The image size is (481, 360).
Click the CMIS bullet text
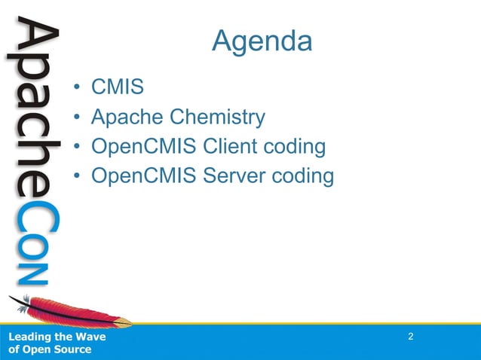tap(117, 88)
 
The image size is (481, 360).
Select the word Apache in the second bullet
tap(127, 117)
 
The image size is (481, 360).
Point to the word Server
tap(237, 175)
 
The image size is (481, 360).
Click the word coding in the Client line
tap(298, 147)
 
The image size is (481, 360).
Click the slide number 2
tap(411, 336)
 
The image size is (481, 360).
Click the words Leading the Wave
tap(57, 337)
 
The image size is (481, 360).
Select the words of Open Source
tap(50, 349)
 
